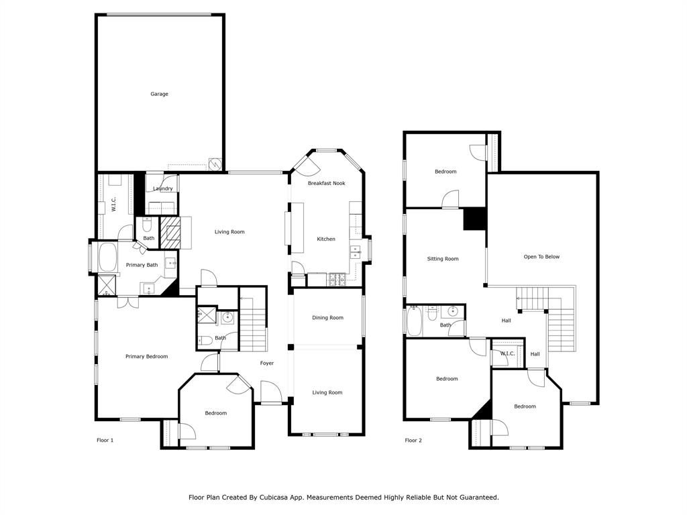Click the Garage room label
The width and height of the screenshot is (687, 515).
click(x=159, y=94)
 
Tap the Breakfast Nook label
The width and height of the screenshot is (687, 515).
click(x=326, y=183)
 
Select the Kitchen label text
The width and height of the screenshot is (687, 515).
click(x=326, y=239)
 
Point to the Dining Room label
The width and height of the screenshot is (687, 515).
click(x=327, y=318)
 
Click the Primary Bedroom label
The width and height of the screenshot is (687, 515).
click(x=146, y=357)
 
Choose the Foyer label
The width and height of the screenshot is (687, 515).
click(x=267, y=363)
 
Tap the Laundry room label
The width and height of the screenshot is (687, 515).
click(x=162, y=189)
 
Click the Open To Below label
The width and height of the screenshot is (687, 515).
click(x=541, y=257)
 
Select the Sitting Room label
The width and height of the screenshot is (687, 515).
click(x=443, y=259)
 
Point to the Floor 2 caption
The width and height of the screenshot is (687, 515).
click(x=413, y=441)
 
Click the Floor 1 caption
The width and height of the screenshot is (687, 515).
click(x=105, y=441)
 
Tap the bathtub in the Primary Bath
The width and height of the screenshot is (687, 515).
click(x=107, y=258)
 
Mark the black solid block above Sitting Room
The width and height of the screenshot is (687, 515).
click(x=475, y=219)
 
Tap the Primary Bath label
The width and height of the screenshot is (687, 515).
click(x=142, y=265)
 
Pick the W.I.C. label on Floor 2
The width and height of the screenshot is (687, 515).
click(x=507, y=353)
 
